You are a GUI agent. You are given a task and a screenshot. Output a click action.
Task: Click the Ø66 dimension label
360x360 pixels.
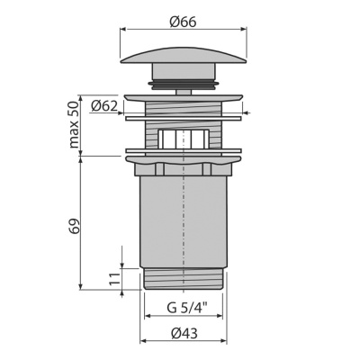(183, 22)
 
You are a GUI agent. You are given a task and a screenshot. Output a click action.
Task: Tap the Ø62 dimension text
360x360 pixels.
(104, 106)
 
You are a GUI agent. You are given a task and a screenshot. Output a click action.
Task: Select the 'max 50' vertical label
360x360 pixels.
(74, 124)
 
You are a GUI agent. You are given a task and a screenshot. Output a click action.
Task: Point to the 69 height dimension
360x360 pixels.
(75, 227)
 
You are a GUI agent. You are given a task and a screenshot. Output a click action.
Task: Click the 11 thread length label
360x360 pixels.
(114, 279)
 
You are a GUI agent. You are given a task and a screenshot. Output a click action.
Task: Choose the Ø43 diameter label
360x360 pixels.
(184, 333)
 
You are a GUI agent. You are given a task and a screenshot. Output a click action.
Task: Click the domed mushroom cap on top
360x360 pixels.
(183, 55)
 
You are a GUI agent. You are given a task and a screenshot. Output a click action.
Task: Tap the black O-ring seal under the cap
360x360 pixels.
(184, 85)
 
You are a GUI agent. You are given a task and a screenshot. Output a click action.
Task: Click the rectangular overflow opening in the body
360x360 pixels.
(184, 139)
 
